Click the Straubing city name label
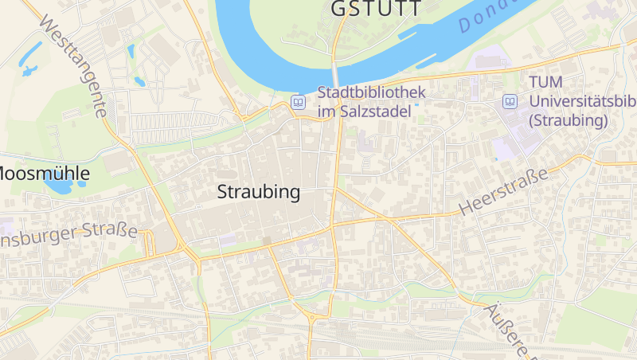(x=259, y=192)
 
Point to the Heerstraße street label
(x=505, y=192)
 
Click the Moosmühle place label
(x=44, y=173)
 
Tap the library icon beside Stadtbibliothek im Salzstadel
(x=298, y=102)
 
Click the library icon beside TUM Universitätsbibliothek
(x=510, y=102)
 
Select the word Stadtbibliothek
(x=372, y=92)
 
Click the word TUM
(x=546, y=83)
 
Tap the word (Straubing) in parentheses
(x=569, y=120)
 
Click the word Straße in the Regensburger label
(x=111, y=230)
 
